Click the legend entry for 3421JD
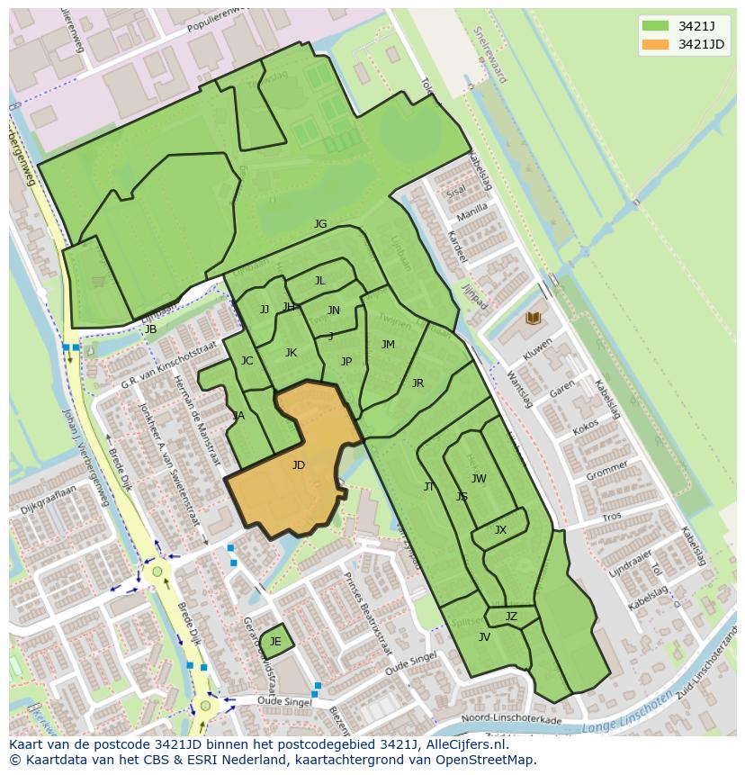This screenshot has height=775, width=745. [x=701, y=44]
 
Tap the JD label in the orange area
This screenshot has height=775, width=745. [x=299, y=465]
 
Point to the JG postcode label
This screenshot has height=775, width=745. [x=320, y=224]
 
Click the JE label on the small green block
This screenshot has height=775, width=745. [x=275, y=642]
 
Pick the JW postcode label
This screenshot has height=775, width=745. [x=479, y=479]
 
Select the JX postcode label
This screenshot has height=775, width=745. [x=500, y=530]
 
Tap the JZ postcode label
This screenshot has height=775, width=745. [x=511, y=617]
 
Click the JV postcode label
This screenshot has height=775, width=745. [x=484, y=637]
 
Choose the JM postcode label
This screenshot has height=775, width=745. [x=388, y=345]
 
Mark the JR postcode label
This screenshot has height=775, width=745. [x=417, y=383]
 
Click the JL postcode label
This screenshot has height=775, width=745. [x=319, y=281]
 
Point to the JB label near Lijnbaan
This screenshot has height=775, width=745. [x=150, y=329]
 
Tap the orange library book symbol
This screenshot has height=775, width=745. [x=533, y=319]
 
